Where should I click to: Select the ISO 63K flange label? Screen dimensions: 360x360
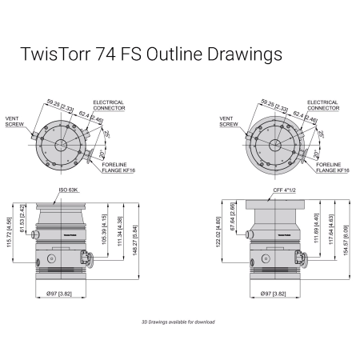coord(68,191)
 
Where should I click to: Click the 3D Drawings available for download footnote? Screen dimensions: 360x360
coord(179,322)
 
